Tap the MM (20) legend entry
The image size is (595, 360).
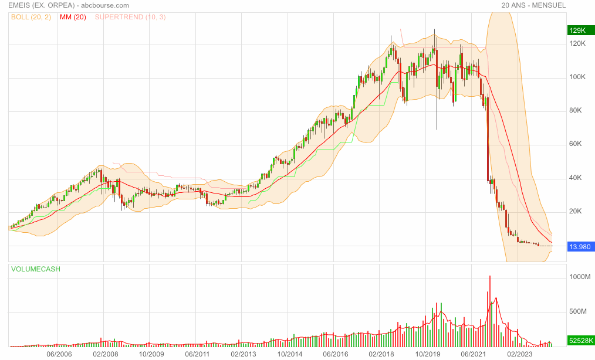pos(73,17)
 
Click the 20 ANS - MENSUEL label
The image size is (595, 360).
pos(533,5)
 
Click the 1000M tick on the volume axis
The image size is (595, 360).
pos(579,277)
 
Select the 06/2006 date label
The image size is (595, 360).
pos(59,354)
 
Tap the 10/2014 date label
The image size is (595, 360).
pos(289,354)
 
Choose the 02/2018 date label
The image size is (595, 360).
pos(381,354)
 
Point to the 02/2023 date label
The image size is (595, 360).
pos(519,354)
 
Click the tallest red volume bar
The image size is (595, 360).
pos(489,311)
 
